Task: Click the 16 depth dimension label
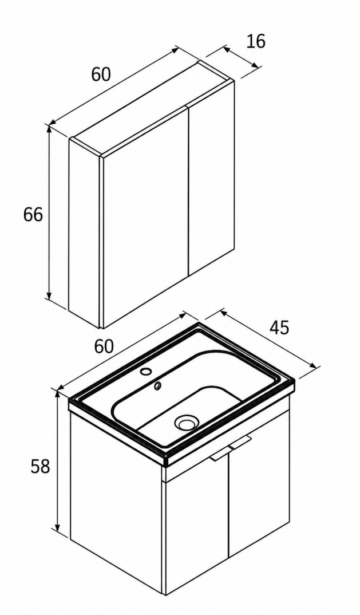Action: [x=256, y=41]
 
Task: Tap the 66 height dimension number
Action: [x=33, y=215]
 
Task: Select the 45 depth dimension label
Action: [x=279, y=328]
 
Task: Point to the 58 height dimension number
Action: [x=41, y=466]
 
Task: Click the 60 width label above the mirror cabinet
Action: [x=101, y=74]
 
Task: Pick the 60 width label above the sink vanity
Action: [x=104, y=346]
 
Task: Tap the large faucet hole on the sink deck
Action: [x=146, y=370]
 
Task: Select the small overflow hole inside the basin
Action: [x=157, y=386]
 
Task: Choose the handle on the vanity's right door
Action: [x=240, y=442]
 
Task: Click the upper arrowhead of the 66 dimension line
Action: [x=49, y=129]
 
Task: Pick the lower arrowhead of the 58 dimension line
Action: [x=58, y=527]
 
